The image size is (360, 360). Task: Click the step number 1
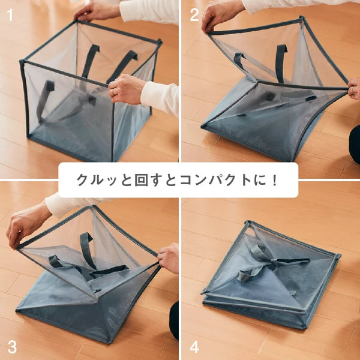click(x=10, y=14)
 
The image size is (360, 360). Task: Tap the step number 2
click(x=194, y=15)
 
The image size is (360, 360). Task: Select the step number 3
click(x=12, y=347)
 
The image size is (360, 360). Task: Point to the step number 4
click(x=194, y=347)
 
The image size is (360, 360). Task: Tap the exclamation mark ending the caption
click(x=275, y=180)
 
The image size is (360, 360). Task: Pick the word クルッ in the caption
click(x=97, y=180)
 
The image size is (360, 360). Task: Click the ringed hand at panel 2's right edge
click(x=354, y=89)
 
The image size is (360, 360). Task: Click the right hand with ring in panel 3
click(x=168, y=257)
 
